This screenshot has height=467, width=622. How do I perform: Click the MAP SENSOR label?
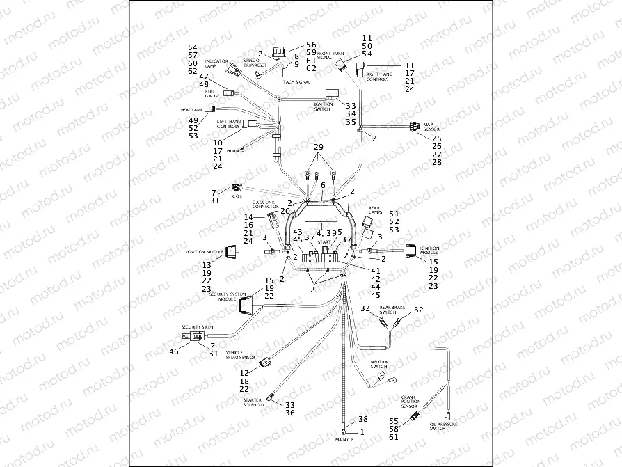click(432, 126)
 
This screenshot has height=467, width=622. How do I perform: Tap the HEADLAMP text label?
click(191, 109)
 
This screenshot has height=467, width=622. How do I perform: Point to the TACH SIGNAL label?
click(296, 82)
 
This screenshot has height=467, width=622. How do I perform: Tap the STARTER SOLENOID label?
click(253, 403)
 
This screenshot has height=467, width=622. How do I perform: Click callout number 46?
click(175, 351)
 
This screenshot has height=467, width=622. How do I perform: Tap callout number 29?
click(318, 148)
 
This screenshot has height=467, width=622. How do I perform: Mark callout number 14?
click(249, 218)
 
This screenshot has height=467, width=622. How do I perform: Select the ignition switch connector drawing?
click(333, 93)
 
